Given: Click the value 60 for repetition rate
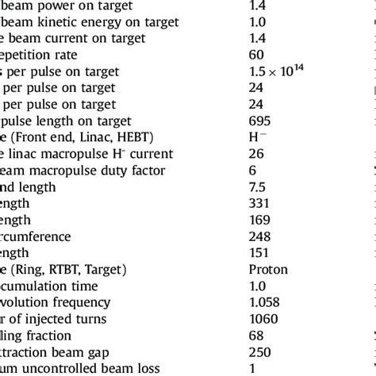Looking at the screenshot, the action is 256,56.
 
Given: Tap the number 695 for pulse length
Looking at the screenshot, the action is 260,121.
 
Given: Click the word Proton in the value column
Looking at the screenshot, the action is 268,270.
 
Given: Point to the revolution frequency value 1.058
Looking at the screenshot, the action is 265,302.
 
